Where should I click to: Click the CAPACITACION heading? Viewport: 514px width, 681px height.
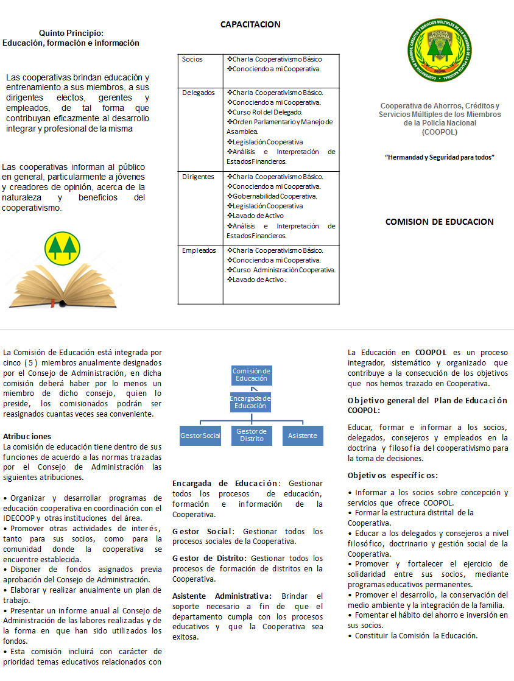[250, 25]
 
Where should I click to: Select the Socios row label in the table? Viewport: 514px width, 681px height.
[192, 60]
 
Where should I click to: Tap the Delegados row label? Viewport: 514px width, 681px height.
[198, 93]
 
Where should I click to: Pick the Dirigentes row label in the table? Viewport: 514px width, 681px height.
[198, 177]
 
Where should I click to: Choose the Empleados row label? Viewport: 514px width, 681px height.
[199, 250]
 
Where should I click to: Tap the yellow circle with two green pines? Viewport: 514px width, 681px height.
[62, 247]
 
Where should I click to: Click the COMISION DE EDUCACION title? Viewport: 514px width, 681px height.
[439, 222]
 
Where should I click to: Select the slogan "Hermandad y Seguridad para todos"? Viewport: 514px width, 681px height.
[439, 157]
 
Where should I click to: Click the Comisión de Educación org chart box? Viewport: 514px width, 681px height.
[252, 375]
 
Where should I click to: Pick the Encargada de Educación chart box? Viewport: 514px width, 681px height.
[250, 402]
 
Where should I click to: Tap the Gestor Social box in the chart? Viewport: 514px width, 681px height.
[200, 436]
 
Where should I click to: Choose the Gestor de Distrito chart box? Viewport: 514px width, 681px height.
[252, 436]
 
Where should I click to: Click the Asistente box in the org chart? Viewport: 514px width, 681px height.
[303, 436]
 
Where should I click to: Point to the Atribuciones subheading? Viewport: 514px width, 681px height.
[27, 436]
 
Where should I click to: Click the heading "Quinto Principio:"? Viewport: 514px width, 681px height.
[71, 33]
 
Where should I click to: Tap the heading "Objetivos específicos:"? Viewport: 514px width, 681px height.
[393, 475]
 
